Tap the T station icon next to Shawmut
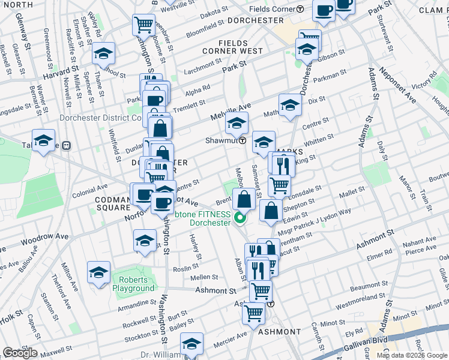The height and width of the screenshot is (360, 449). tap(243, 142)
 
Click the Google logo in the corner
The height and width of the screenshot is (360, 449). tap(20, 353)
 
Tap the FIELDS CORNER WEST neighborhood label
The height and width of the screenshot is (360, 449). tap(241, 47)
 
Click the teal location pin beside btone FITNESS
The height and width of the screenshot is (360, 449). tap(240, 218)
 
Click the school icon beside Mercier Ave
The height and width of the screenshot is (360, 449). tap(191, 345)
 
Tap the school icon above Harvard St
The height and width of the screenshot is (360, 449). tap(104, 53)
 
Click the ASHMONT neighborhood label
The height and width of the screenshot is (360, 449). tap(279, 332)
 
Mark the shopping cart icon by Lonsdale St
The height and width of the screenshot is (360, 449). tap(279, 185)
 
